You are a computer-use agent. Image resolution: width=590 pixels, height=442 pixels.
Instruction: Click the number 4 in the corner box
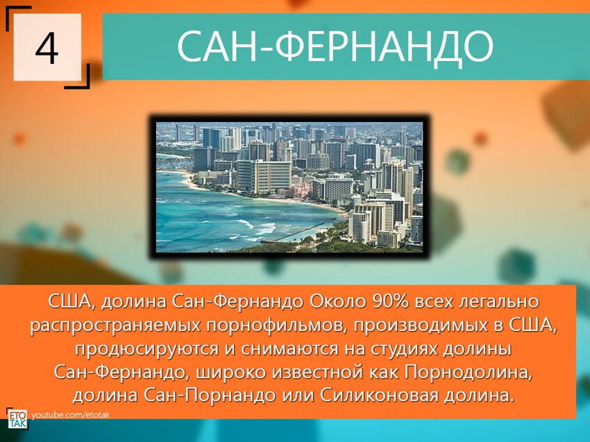(47, 48)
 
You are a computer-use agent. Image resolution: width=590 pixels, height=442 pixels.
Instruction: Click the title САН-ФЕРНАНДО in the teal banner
(335, 46)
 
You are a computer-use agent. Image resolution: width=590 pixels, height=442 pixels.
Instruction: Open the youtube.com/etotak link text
(71, 414)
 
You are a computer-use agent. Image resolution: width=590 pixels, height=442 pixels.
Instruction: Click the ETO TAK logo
(17, 417)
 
